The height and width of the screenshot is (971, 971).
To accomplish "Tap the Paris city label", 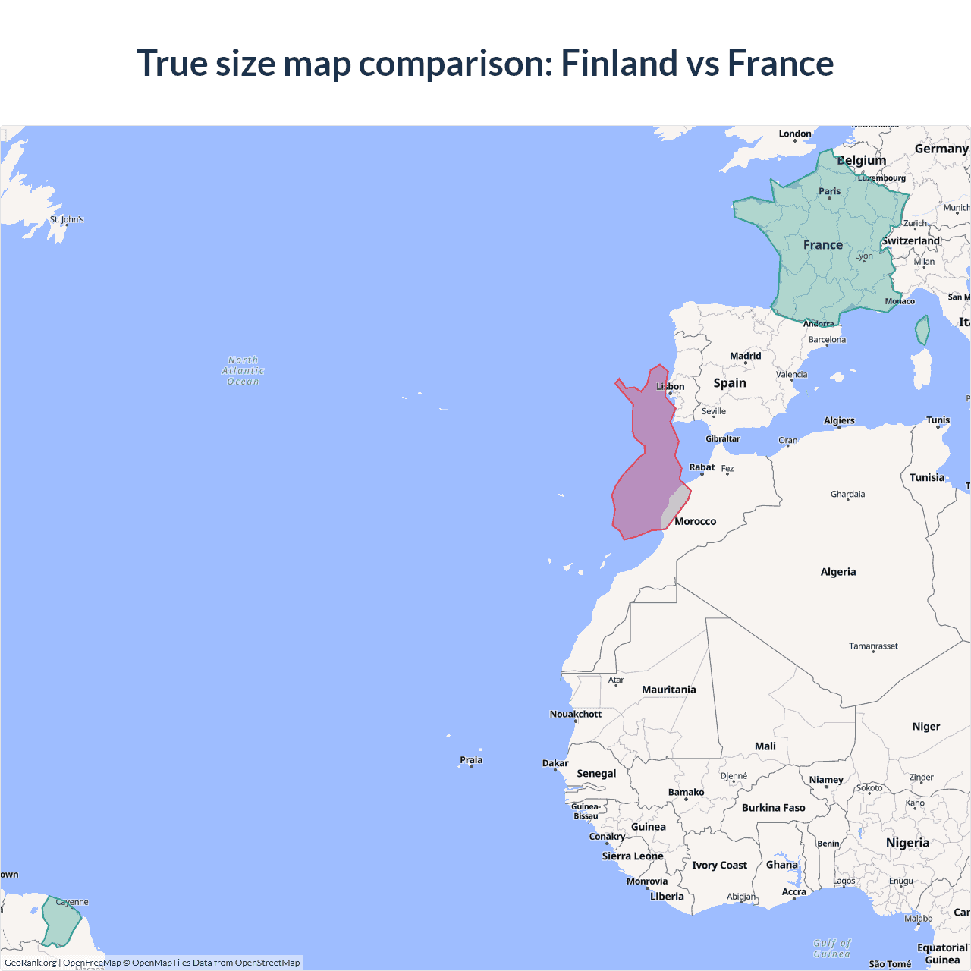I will (x=829, y=191).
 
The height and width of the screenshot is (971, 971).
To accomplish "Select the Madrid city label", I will (x=745, y=356).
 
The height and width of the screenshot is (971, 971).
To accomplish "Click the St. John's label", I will (x=67, y=219).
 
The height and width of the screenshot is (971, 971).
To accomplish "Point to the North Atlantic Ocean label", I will (x=243, y=371).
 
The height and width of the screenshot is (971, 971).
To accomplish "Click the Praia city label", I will (x=471, y=760).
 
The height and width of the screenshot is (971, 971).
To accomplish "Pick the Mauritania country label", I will (x=668, y=690).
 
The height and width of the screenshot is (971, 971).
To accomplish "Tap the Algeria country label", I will (x=837, y=572).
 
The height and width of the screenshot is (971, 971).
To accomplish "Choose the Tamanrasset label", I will (x=873, y=646).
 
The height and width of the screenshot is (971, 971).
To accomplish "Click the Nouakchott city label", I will (x=575, y=714).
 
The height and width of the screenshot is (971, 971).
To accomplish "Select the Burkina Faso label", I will (x=773, y=808).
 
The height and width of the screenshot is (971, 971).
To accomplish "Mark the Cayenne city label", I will (x=72, y=902).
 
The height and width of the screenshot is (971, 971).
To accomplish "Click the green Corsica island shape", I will (x=922, y=331).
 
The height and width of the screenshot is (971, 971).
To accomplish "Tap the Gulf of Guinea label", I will (x=831, y=948).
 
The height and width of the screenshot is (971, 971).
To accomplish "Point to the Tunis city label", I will (x=938, y=420).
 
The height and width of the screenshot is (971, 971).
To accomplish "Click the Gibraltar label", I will (x=722, y=438).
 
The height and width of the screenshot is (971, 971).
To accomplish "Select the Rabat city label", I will (x=702, y=467).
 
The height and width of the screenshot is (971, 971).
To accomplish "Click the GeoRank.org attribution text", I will (x=30, y=963).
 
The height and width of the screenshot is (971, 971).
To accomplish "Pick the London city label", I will (x=794, y=134).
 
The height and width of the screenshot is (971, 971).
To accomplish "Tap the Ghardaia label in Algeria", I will (x=847, y=495).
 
